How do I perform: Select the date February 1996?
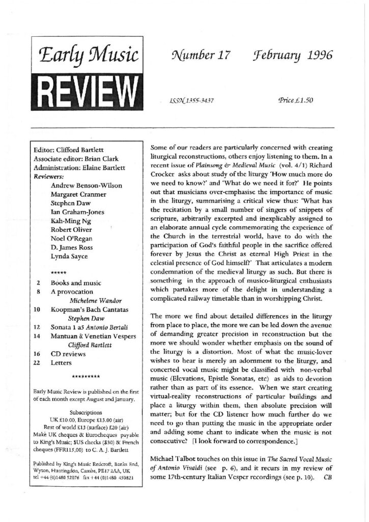[294, 57]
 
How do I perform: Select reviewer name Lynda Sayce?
[70, 258]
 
